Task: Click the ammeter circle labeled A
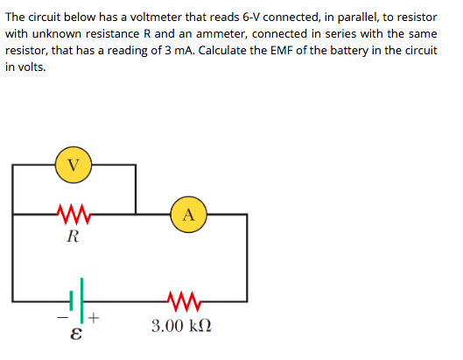[190, 213]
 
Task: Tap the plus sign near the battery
[95, 320]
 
